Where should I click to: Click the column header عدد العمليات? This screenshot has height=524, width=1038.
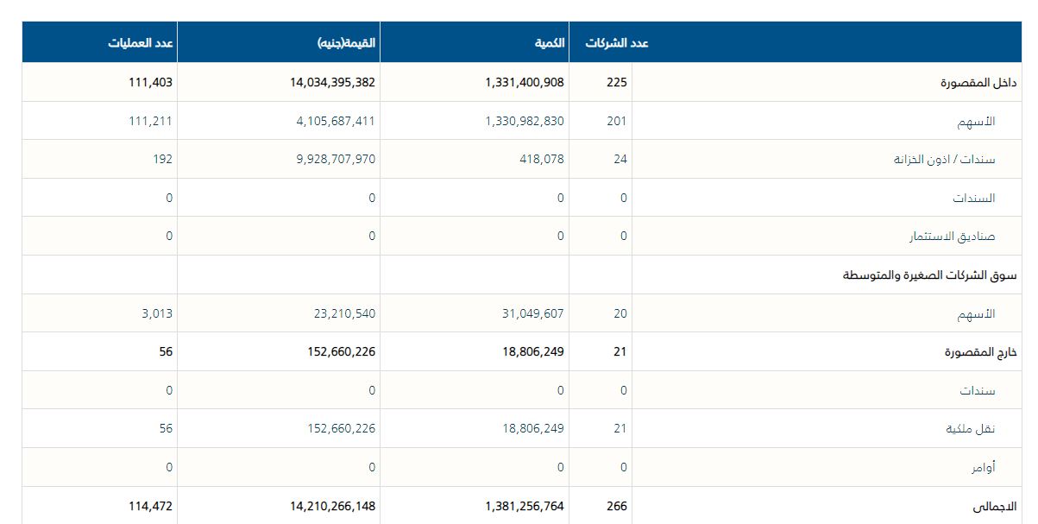click(142, 42)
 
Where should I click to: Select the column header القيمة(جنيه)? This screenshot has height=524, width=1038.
click(346, 42)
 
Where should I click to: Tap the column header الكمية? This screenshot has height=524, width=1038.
click(547, 42)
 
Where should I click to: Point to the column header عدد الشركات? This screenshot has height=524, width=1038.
click(617, 42)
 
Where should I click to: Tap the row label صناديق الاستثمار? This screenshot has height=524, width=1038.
click(953, 237)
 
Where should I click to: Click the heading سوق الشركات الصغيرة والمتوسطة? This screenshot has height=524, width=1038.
click(929, 275)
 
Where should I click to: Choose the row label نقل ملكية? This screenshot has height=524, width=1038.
click(971, 429)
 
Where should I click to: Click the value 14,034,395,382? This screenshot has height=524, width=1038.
click(321, 83)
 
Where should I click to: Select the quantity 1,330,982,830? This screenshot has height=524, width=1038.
click(525, 122)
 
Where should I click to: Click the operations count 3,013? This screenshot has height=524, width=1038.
click(157, 313)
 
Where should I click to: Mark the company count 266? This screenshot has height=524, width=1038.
click(617, 506)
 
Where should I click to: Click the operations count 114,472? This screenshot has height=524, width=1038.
click(148, 506)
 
